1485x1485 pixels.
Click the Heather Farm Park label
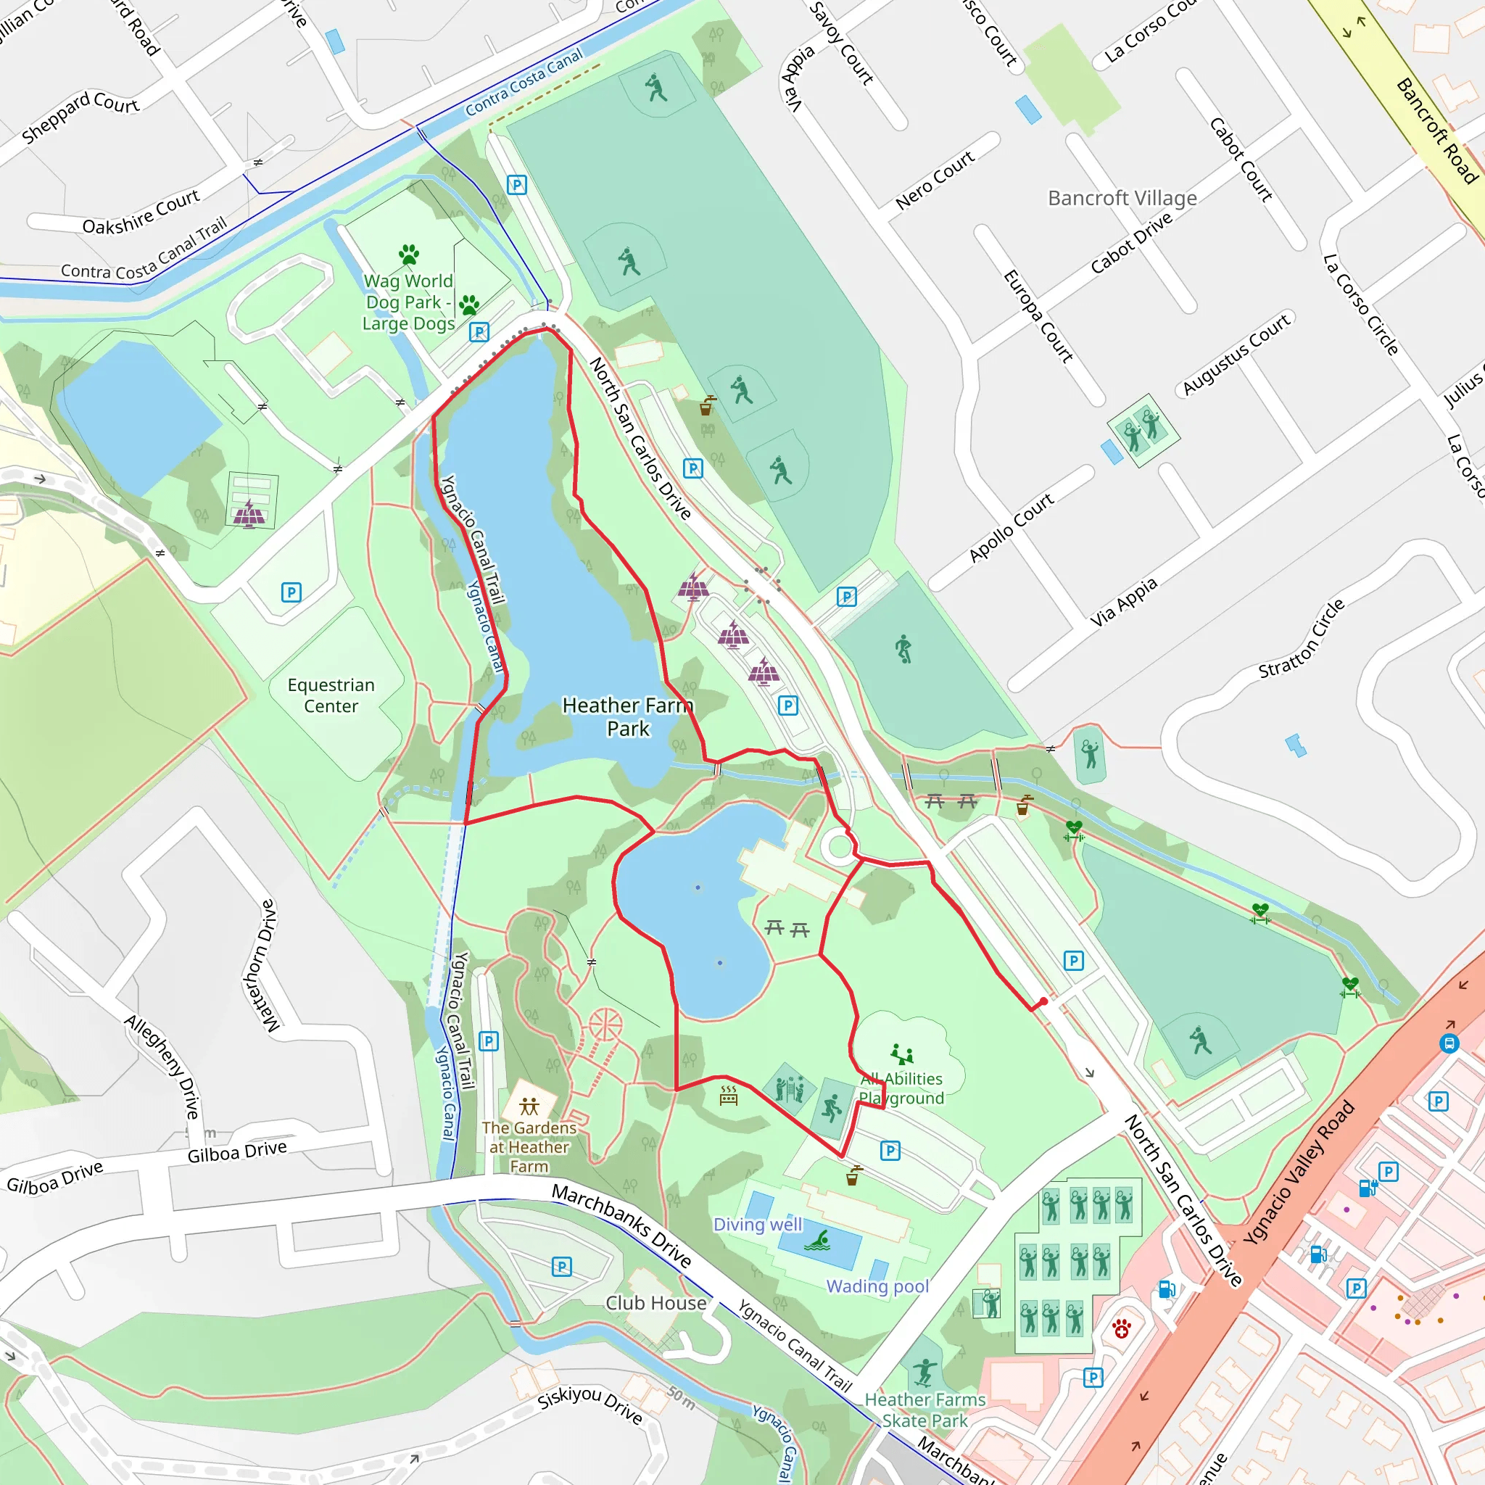tap(627, 716)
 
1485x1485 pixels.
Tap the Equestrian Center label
tap(331, 695)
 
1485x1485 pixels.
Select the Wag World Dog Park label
tap(408, 302)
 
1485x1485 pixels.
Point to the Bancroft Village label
tap(1122, 198)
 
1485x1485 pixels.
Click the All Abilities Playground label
tap(901, 1088)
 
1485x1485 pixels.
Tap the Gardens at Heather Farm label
tap(529, 1147)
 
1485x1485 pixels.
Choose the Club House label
tap(655, 1303)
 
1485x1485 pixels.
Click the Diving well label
tap(757, 1225)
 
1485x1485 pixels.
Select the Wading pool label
tap(878, 1286)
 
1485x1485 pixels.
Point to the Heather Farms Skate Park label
tap(925, 1410)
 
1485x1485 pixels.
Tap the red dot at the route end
tap(1043, 1002)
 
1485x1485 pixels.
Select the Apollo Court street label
tap(1011, 527)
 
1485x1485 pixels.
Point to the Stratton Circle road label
tap(1302, 639)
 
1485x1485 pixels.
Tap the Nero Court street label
tap(935, 179)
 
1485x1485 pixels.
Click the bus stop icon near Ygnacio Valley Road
tap(1449, 1044)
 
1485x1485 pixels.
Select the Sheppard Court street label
tap(80, 116)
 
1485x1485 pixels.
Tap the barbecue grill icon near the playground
tap(729, 1097)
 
